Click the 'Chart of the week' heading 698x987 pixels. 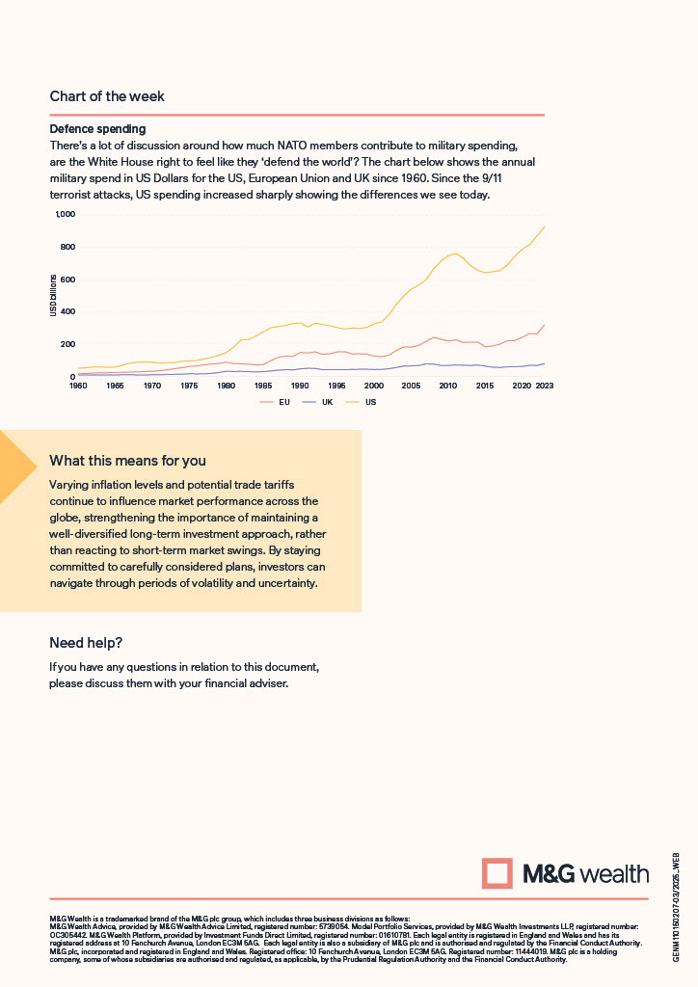pyautogui.click(x=107, y=96)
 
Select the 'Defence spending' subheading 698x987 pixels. pyautogui.click(x=97, y=128)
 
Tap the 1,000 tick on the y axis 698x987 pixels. pyautogui.click(x=63, y=214)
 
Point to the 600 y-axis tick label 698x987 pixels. pyautogui.click(x=67, y=280)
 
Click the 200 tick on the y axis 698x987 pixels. pyautogui.click(x=67, y=344)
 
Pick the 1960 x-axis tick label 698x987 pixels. pyautogui.click(x=78, y=386)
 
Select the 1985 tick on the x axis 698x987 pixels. pyautogui.click(x=262, y=386)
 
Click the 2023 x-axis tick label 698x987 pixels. pyautogui.click(x=545, y=386)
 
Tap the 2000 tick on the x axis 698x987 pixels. pyautogui.click(x=373, y=386)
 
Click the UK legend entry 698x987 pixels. pyautogui.click(x=327, y=401)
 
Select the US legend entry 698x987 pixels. pyautogui.click(x=370, y=401)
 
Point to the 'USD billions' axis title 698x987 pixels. pyautogui.click(x=55, y=296)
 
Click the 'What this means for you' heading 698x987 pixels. pyautogui.click(x=127, y=461)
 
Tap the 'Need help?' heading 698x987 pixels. pyautogui.click(x=86, y=643)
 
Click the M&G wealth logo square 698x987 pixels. pyautogui.click(x=497, y=874)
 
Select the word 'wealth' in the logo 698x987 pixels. pyautogui.click(x=615, y=874)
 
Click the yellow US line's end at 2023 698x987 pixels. pyautogui.click(x=545, y=227)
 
